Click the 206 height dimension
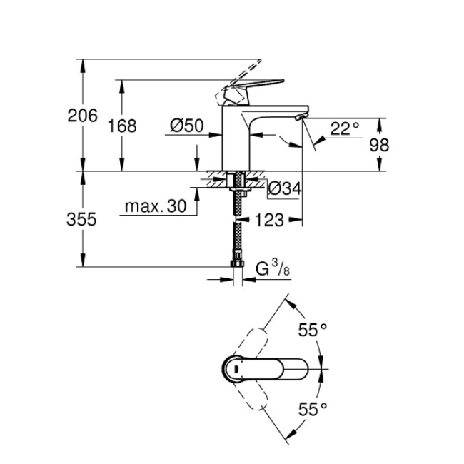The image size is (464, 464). pyautogui.click(x=83, y=115)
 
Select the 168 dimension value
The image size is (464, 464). pyautogui.click(x=122, y=126)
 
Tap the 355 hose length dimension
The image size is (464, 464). pyautogui.click(x=83, y=220)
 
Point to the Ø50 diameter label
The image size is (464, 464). pyautogui.click(x=187, y=126)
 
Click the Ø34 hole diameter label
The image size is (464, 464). pyautogui.click(x=285, y=189)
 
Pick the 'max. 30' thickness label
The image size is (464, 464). pyautogui.click(x=155, y=207)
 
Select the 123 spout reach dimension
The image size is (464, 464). pyautogui.click(x=269, y=220)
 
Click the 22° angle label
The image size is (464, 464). pyautogui.click(x=345, y=129)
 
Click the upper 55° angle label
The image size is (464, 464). pyautogui.click(x=312, y=331)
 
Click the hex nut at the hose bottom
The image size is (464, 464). pyautogui.click(x=236, y=265)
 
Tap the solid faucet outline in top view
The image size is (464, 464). pyautogui.click(x=264, y=369)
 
